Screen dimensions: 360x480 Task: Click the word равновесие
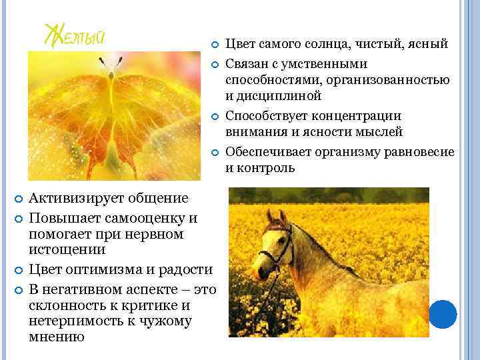(419, 152)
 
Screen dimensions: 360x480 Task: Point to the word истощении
(67, 249)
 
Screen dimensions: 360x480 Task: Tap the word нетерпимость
(74, 321)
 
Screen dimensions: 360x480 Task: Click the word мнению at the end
(57, 337)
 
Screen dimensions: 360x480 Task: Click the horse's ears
(275, 216)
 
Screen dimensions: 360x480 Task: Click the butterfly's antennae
(111, 63)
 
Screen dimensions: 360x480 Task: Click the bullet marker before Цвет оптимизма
(19, 270)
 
